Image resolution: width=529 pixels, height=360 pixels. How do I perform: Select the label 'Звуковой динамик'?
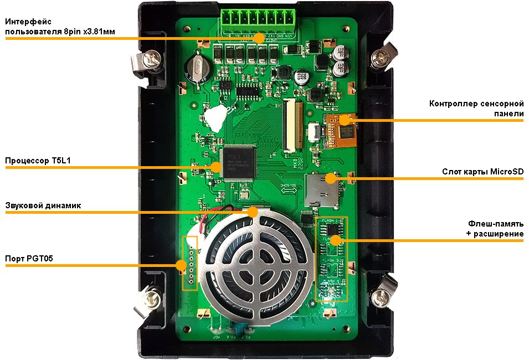[x=43, y=205]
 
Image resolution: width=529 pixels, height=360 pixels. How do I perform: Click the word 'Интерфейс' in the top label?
[x=28, y=22]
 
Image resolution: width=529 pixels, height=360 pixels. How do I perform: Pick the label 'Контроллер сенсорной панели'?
[x=477, y=109]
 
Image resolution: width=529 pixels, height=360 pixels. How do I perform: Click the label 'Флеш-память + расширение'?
[x=495, y=229]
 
